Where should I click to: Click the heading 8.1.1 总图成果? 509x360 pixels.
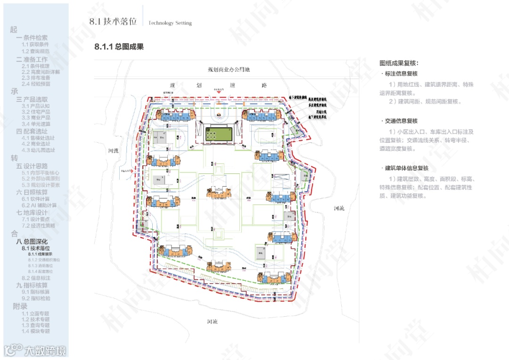pyautogui.click(x=119, y=47)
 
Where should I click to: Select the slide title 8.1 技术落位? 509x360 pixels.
pyautogui.click(x=113, y=22)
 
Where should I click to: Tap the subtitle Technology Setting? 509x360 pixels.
pyautogui.click(x=170, y=23)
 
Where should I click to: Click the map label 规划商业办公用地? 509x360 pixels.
pyautogui.click(x=229, y=70)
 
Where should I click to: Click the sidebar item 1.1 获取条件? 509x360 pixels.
pyautogui.click(x=35, y=44)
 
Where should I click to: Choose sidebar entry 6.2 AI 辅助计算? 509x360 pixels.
pyautogui.click(x=39, y=205)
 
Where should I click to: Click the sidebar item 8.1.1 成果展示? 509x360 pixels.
pyautogui.click(x=40, y=254)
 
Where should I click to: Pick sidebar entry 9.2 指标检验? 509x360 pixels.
pyautogui.click(x=36, y=298)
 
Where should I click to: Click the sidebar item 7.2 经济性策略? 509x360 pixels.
pyautogui.click(x=38, y=226)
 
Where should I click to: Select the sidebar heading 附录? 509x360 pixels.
pyautogui.click(x=20, y=306)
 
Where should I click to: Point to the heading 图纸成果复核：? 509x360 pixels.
pyautogui.click(x=399, y=63)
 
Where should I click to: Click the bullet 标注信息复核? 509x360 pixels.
pyautogui.click(x=401, y=74)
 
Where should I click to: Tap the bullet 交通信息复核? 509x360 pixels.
pyautogui.click(x=401, y=121)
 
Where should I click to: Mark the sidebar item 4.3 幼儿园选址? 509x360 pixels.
pyautogui.click(x=38, y=150)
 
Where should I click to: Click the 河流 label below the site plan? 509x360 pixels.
pyautogui.click(x=213, y=322)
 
